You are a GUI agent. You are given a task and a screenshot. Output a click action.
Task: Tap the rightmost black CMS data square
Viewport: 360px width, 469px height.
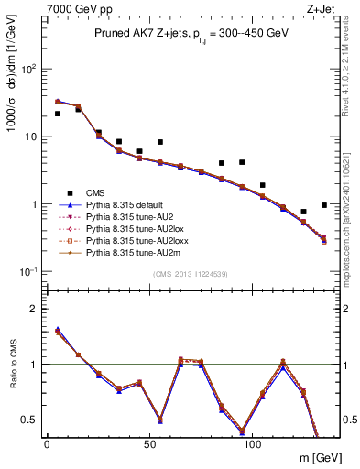click(x=324, y=205)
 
